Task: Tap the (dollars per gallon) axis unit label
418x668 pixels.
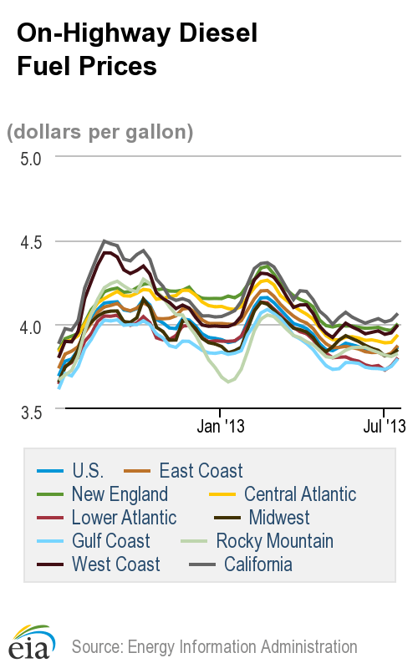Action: click(x=100, y=131)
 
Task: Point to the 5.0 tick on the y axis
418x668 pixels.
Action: click(x=30, y=158)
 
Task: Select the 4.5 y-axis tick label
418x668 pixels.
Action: click(x=30, y=241)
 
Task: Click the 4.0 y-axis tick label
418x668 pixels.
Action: click(x=30, y=325)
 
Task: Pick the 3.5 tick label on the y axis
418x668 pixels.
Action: click(x=30, y=409)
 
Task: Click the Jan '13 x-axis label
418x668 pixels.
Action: click(x=220, y=427)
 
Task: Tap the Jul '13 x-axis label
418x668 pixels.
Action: click(x=383, y=427)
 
